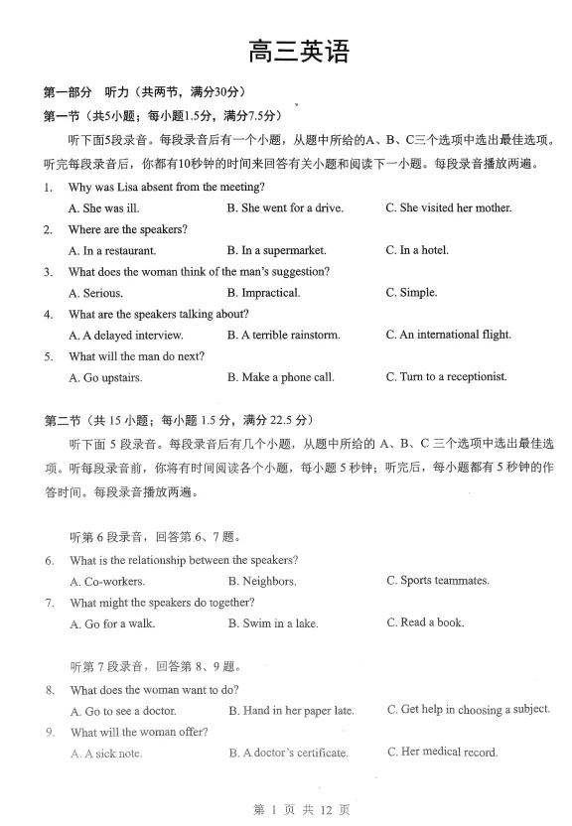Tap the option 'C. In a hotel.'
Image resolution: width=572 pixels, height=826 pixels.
417,250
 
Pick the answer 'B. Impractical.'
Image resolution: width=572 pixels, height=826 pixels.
263,293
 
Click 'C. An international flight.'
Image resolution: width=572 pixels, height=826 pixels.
448,335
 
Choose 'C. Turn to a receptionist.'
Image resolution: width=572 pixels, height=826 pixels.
446,377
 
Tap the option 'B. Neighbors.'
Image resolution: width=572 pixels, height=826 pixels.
262,582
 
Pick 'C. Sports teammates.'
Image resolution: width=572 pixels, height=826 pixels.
438,581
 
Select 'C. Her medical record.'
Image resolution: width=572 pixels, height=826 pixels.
442,752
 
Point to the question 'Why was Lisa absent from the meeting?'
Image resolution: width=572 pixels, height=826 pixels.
166,187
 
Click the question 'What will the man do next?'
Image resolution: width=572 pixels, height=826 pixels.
136,356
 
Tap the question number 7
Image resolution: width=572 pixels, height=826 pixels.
49,603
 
